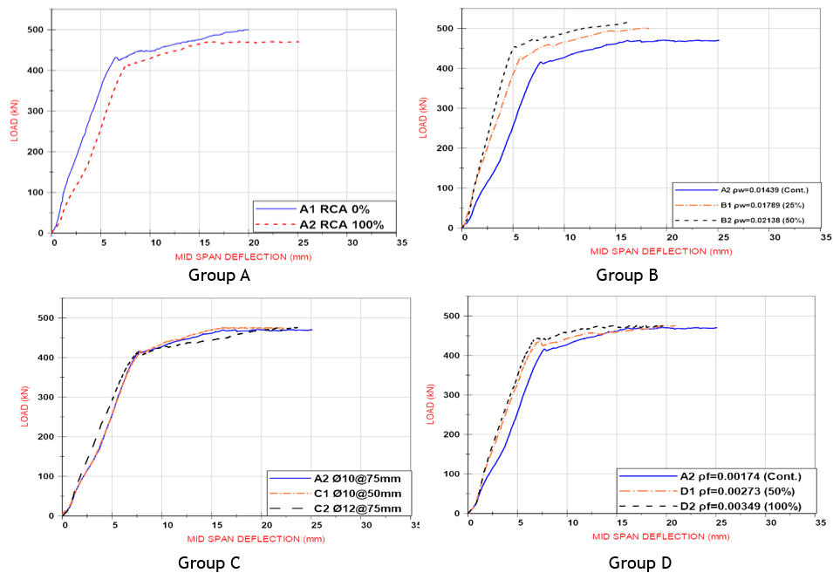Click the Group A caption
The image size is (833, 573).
coord(219,276)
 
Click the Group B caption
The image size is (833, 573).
coord(626,276)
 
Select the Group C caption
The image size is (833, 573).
coord(208,563)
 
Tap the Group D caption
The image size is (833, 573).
coord(640,563)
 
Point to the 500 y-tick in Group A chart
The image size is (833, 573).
coord(35,31)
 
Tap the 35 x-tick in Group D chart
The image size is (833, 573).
coord(819,523)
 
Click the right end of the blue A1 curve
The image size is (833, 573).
coord(249,30)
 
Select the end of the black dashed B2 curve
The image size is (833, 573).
coord(628,23)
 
